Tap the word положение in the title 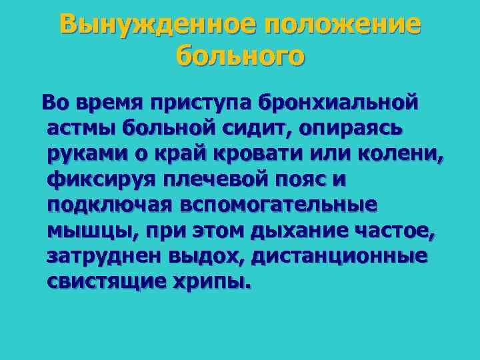click(x=343, y=25)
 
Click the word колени click(x=405, y=153)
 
